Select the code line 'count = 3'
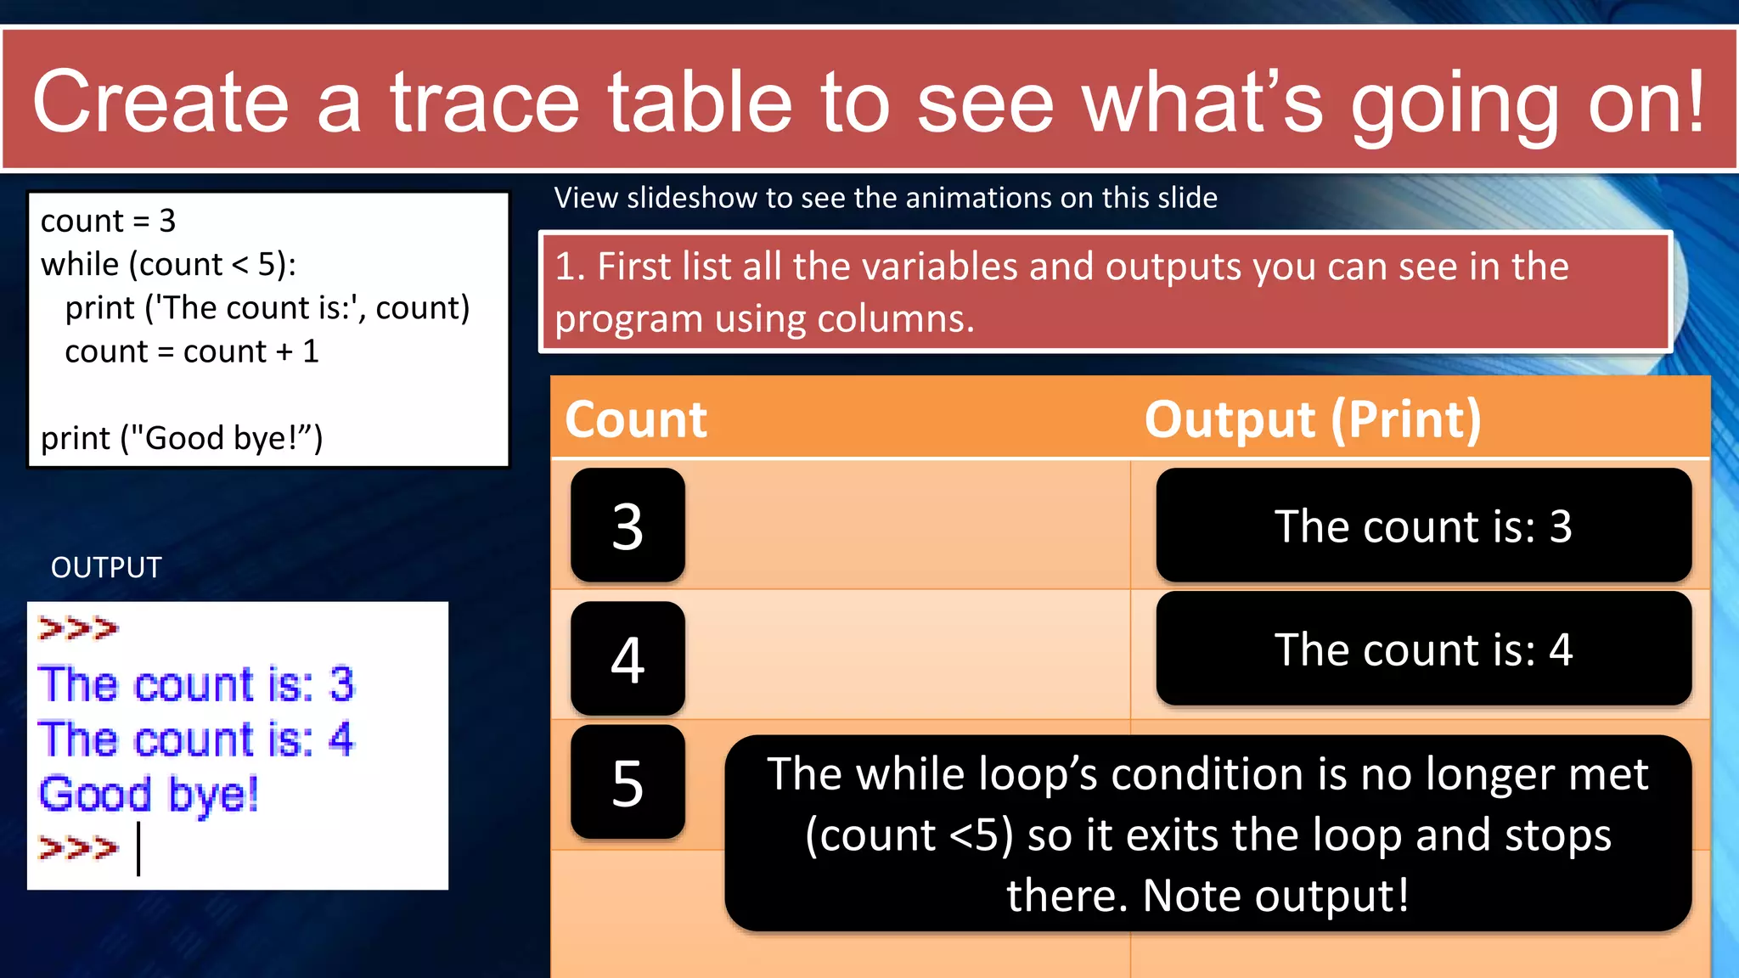pyautogui.click(x=108, y=221)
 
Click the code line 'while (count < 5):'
pyautogui.click(x=168, y=264)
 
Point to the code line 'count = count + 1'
pyautogui.click(x=192, y=351)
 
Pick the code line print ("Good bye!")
pyautogui.click(x=182, y=438)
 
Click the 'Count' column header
pyautogui.click(x=636, y=419)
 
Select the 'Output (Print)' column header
pyautogui.click(x=1313, y=419)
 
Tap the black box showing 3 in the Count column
pyautogui.click(x=628, y=526)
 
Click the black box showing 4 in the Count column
pyautogui.click(x=628, y=659)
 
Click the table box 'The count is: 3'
pyautogui.click(x=1423, y=526)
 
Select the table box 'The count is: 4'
pyautogui.click(x=1423, y=649)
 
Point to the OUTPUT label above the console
pyautogui.click(x=106, y=567)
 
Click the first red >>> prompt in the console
pyautogui.click(x=78, y=628)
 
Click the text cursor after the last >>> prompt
pyautogui.click(x=138, y=847)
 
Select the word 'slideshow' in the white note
pyautogui.click(x=691, y=198)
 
